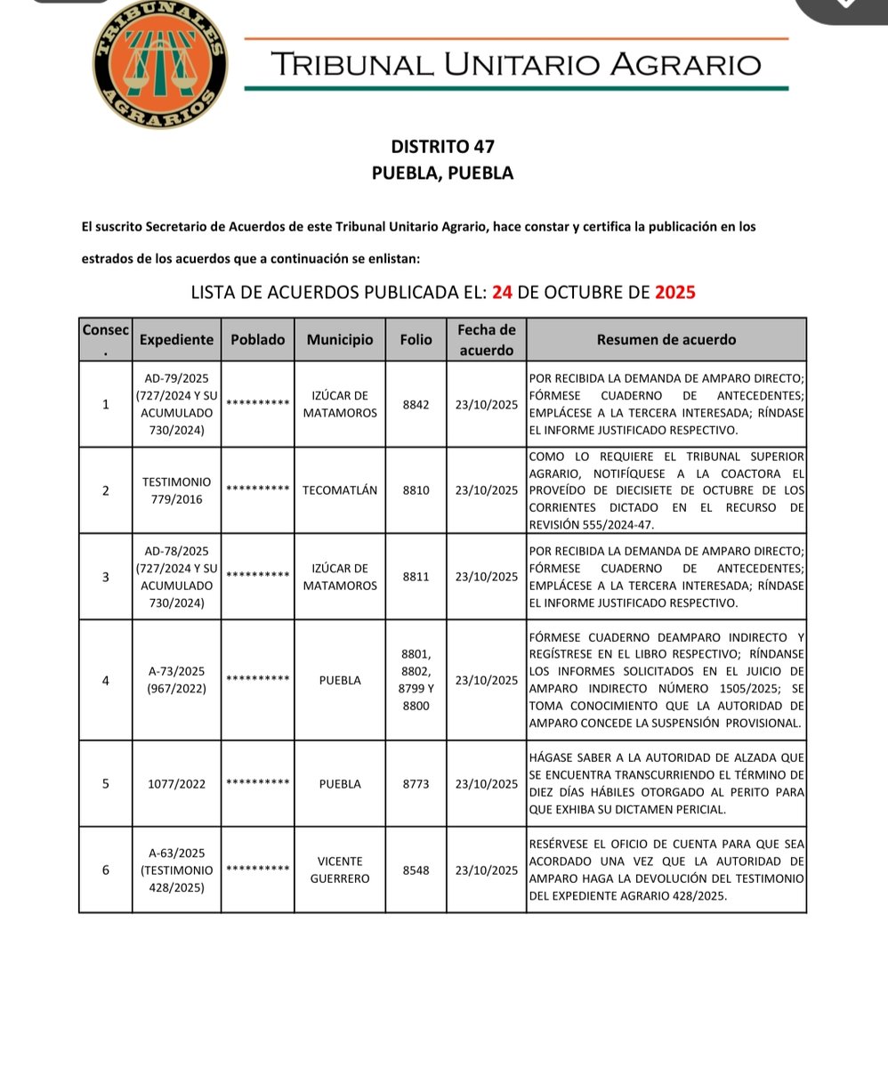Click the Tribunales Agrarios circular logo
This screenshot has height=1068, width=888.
point(160,65)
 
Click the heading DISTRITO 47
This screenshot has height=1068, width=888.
point(442,146)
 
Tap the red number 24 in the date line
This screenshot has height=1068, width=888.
point(502,292)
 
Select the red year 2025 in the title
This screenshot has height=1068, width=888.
point(674,292)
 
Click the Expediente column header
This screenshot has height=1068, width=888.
point(176,339)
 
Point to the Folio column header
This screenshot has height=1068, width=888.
point(416,339)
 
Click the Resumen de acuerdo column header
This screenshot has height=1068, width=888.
point(666,339)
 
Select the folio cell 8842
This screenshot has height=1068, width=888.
point(416,404)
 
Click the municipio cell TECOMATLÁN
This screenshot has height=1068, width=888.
point(340,490)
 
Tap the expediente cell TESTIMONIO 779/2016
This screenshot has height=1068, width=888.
point(176,490)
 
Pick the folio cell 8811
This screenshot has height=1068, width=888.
point(416,577)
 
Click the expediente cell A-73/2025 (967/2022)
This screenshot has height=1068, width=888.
point(176,680)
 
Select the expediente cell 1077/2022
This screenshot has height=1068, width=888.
point(176,784)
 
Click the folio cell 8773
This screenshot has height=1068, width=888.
point(416,784)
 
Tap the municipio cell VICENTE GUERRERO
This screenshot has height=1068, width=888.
point(340,870)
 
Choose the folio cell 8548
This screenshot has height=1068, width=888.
point(416,870)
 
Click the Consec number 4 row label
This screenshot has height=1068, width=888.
point(106,680)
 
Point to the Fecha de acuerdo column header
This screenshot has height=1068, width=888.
point(486,339)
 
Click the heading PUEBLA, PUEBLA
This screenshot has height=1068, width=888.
point(442,174)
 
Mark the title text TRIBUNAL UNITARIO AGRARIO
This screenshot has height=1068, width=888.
point(516,64)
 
